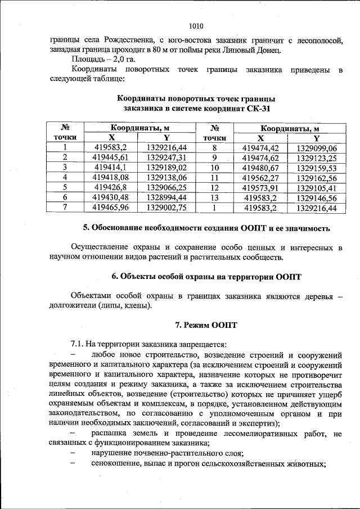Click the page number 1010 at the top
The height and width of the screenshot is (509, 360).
pos(196,26)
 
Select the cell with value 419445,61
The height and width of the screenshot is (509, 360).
pos(111,157)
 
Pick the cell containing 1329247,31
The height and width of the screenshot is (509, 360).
pos(166,157)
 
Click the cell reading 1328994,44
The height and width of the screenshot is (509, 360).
pos(166,197)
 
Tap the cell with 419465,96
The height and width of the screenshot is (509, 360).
pos(111,208)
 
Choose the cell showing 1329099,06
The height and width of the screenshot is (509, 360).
pos(316,147)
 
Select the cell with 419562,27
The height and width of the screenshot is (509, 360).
pos(260,178)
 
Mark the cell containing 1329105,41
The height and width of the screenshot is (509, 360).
pos(316,188)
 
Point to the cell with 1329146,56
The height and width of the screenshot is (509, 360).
pos(316,198)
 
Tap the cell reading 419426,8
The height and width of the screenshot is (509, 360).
pos(111,187)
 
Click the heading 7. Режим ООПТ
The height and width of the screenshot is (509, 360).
pos(206,325)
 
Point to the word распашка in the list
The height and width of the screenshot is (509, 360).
pos(109,434)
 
